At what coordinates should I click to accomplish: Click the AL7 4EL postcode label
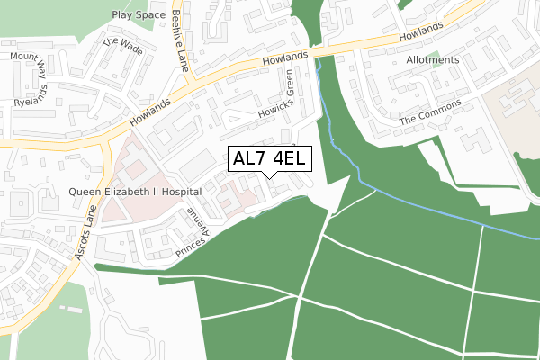click(271, 159)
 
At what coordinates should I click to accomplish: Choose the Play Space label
click(139, 15)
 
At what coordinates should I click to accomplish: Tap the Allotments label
click(432, 60)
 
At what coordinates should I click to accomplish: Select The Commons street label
click(430, 112)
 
